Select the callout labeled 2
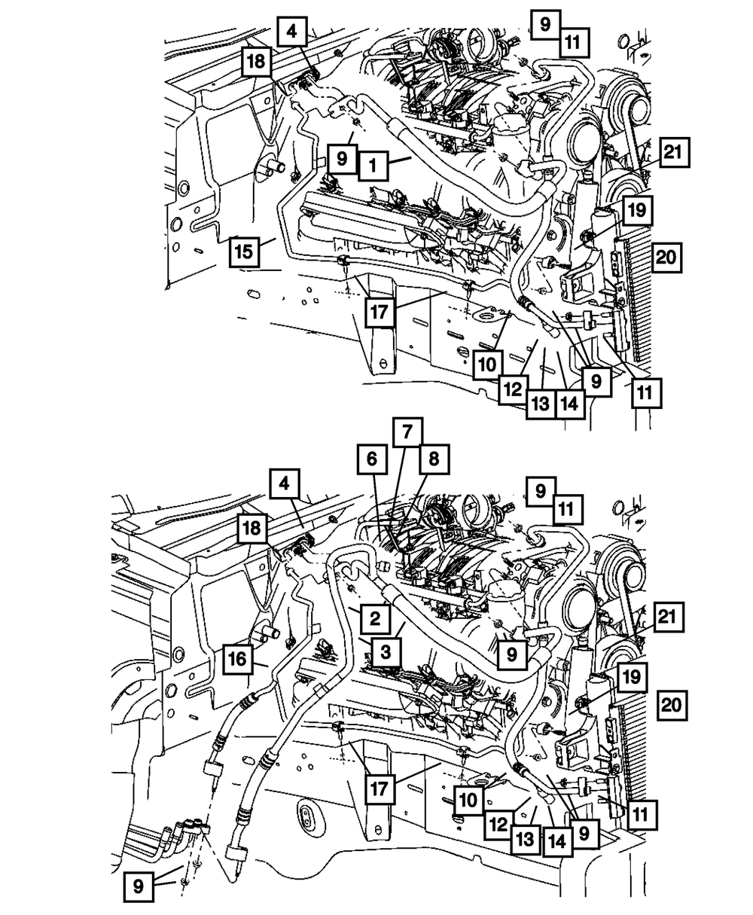(x=373, y=619)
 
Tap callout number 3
(x=386, y=652)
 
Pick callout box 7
(x=407, y=432)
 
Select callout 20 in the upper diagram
(x=666, y=258)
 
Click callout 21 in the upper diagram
(x=673, y=153)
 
